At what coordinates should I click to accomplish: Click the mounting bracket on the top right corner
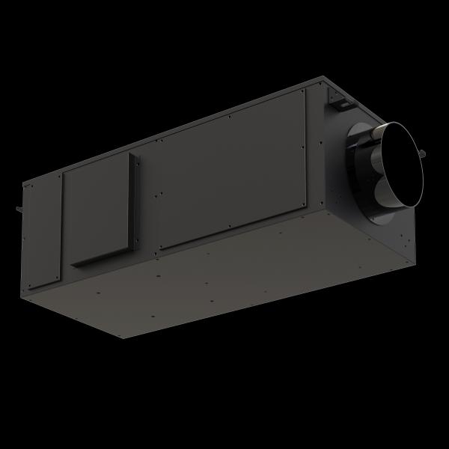335,95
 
